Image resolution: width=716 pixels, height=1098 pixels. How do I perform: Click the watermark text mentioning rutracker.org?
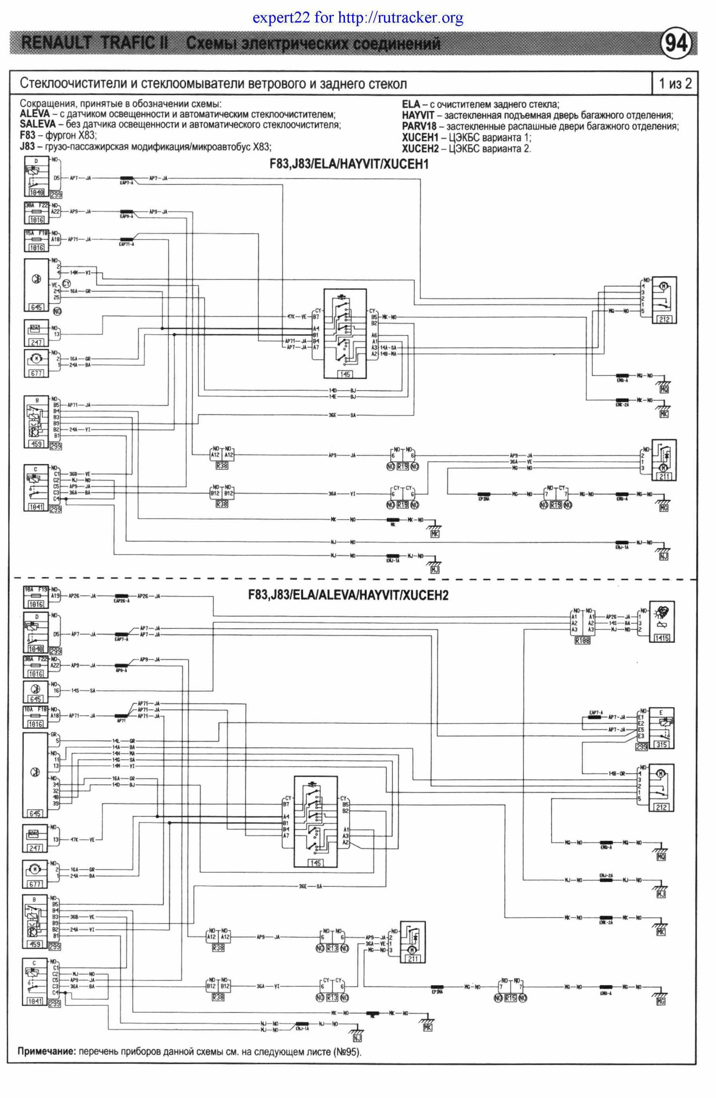[x=358, y=18]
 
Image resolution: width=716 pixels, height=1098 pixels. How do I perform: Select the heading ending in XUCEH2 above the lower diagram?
[x=348, y=595]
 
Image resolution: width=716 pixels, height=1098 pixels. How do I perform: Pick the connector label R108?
[x=582, y=641]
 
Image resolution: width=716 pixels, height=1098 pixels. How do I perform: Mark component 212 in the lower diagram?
[x=662, y=787]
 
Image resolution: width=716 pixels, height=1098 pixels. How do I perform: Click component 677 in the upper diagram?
[x=37, y=363]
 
